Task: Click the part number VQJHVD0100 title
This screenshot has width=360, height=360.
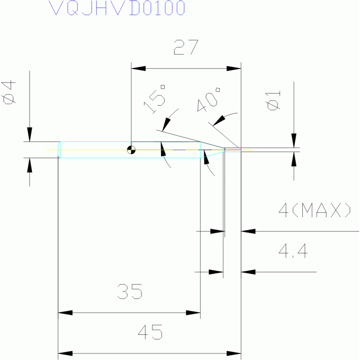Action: point(117,8)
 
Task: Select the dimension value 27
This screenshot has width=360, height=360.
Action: point(186,47)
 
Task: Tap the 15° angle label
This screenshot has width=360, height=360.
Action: point(154,99)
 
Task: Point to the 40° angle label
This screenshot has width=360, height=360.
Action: point(209,99)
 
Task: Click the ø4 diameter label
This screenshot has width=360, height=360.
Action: point(8,92)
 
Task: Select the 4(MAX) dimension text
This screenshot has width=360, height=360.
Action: point(314,210)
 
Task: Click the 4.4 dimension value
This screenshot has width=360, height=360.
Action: point(293,251)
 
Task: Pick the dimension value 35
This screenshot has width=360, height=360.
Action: point(130,291)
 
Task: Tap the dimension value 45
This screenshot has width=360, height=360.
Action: point(150,332)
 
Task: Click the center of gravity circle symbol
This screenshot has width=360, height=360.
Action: point(131,150)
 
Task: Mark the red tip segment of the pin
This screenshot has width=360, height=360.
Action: point(233,149)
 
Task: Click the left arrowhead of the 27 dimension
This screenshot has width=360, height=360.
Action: point(138,69)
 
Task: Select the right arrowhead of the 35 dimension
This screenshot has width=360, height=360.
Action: point(193,313)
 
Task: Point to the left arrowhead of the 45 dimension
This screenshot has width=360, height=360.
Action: point(65,353)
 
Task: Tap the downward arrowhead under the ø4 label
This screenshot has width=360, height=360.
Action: point(30,135)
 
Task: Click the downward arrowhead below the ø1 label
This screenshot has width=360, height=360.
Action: point(294,140)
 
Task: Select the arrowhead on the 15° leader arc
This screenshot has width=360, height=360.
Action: point(166,125)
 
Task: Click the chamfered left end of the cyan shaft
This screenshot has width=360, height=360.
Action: point(59,150)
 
